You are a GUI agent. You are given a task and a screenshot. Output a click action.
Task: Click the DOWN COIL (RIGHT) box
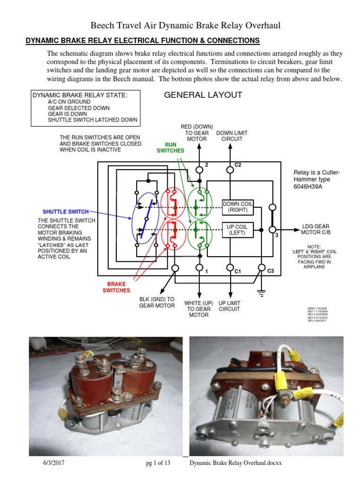pos(238,207)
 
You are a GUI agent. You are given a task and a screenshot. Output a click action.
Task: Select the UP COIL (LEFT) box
pos(238,230)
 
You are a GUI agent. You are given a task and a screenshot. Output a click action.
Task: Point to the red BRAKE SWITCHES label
pos(116,287)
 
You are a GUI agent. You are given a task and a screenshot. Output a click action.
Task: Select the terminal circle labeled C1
pos(230,268)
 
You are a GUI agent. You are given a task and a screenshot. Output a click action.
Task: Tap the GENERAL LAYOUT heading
pos(203,95)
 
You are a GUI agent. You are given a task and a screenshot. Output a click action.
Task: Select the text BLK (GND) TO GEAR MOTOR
pos(156,302)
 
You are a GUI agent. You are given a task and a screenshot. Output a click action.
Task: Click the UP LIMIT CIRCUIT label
pos(229,306)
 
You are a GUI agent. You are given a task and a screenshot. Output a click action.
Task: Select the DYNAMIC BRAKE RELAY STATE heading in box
pos(79,95)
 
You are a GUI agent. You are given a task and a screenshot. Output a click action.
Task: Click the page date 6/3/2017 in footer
pos(51,463)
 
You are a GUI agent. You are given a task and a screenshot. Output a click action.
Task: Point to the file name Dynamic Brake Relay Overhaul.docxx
pos(235,463)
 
